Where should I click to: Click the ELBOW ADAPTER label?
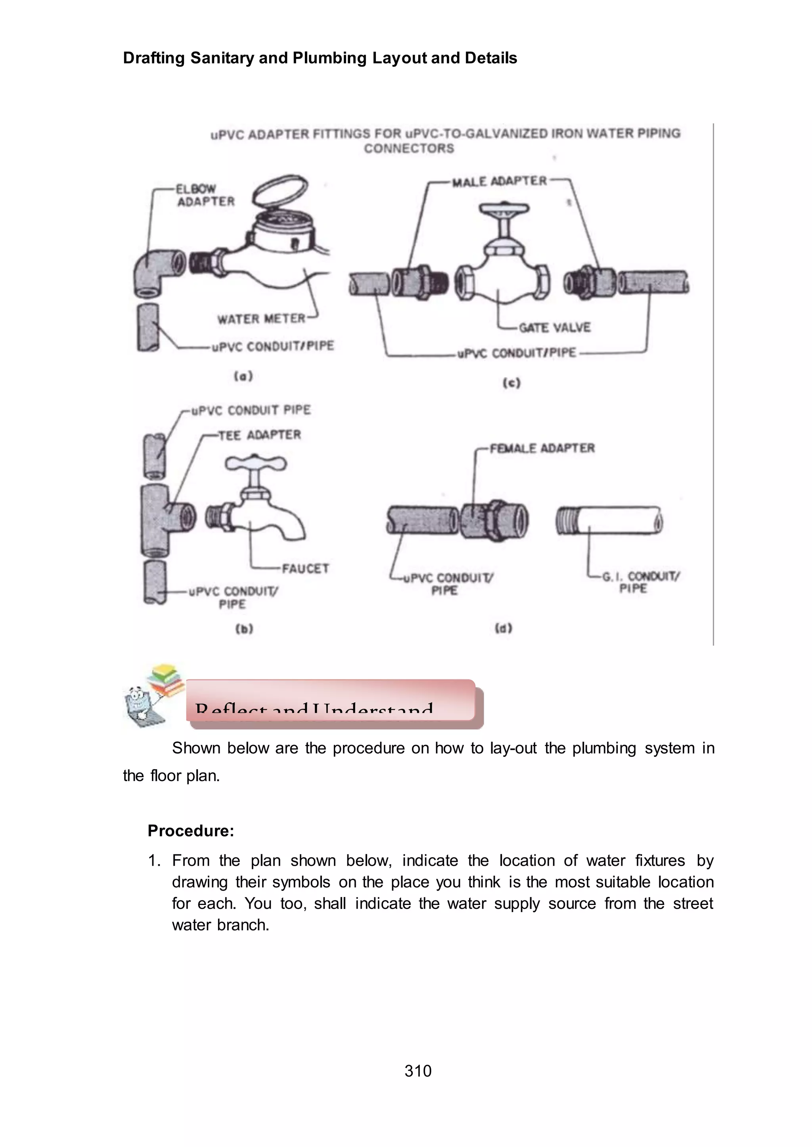[205, 195]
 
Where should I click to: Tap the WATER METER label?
[260, 319]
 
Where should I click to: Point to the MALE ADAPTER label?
[499, 181]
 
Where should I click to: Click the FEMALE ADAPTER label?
[542, 448]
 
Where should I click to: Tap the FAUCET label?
[305, 568]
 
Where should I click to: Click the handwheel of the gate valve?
[504, 209]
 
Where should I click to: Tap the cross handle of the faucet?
[255, 464]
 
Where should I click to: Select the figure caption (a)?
[243, 376]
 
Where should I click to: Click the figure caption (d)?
[504, 629]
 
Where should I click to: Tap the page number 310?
[418, 1071]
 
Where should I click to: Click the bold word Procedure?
[190, 831]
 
